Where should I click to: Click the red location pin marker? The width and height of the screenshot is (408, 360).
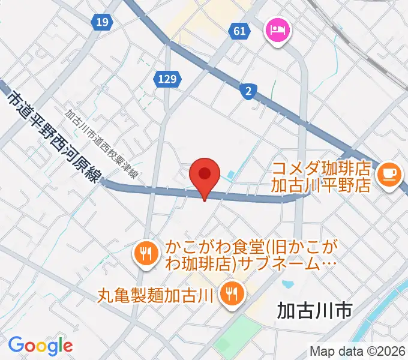205,175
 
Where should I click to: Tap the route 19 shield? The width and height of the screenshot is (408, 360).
103,23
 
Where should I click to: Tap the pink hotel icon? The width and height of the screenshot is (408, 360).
278,29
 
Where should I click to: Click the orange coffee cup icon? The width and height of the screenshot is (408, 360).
388,174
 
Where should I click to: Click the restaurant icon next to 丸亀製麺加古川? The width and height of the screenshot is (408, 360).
230,293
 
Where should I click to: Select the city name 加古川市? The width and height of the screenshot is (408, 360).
314,310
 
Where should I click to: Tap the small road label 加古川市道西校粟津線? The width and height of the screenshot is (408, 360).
101,144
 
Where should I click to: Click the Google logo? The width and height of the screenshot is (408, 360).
40,345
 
